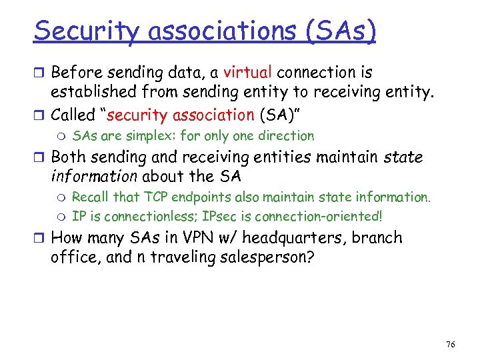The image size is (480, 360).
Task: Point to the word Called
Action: coord(73,115)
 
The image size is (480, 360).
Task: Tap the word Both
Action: coord(69,158)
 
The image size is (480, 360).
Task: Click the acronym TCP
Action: coord(153,197)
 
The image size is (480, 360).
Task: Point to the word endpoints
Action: coord(198,197)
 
